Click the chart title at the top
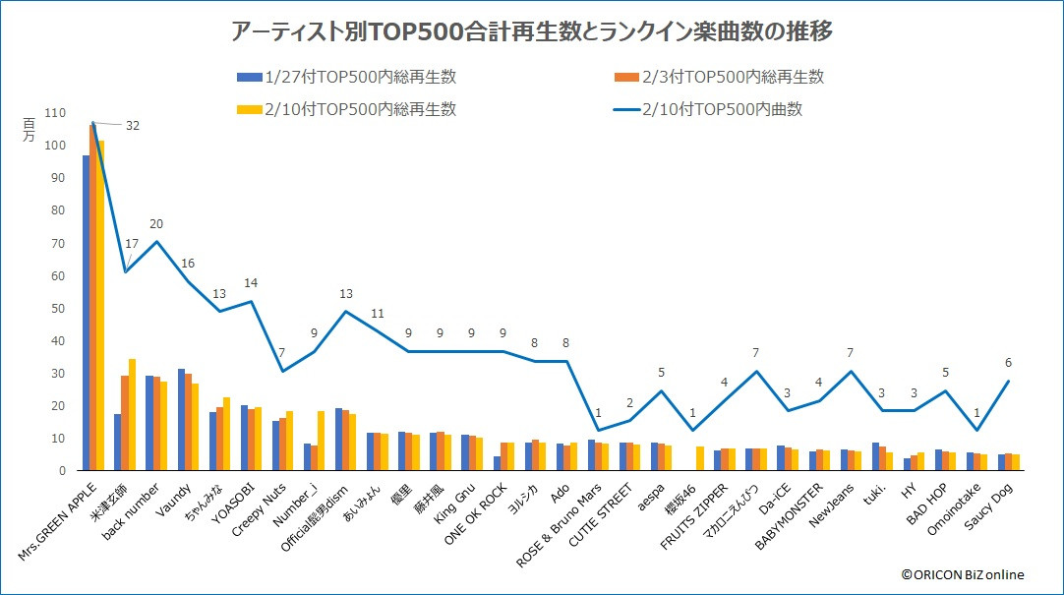coord(531,32)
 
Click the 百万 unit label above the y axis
coord(29,130)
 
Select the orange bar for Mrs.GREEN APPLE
coord(93,297)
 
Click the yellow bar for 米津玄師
coord(133,414)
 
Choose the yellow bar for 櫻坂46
coord(700,458)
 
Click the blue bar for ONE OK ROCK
coord(498,463)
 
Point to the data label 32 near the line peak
coord(132,126)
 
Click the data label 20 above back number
coord(156,223)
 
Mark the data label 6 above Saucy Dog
coord(1007,362)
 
